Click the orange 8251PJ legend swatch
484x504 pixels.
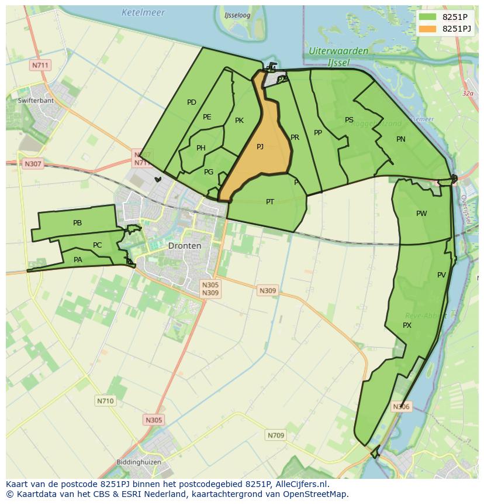pos(427,29)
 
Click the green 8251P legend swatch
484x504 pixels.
pos(427,17)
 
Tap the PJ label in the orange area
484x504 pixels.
pos(260,147)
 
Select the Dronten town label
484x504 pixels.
pos(184,246)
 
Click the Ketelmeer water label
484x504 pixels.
pos(143,12)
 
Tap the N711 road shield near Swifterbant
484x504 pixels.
pos(40,65)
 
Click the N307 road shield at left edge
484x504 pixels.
pos(33,164)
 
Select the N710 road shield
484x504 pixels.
pos(105,401)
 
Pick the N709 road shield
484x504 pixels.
pos(276,435)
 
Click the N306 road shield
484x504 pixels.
pos(401,407)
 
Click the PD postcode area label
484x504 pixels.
pos(192,102)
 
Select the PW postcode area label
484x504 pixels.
pos(421,214)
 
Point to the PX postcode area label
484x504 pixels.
pos(407,325)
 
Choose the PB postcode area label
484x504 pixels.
pos(77,223)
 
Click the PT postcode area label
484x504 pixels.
pos(270,202)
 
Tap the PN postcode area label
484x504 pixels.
pos(401,139)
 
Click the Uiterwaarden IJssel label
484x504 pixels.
pos(338,56)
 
